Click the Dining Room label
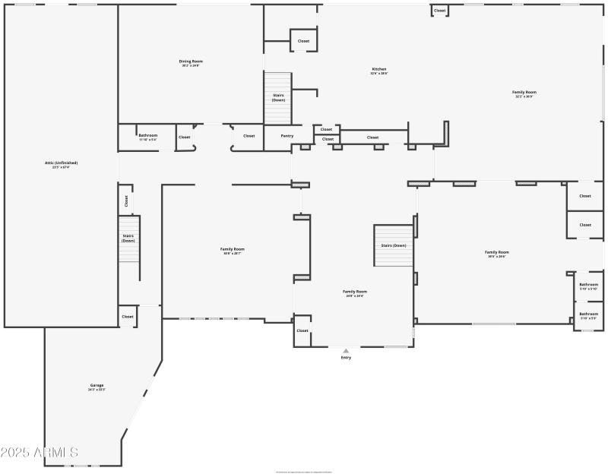pos(191,62)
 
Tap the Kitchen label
pos(379,69)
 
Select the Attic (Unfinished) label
pos(61,163)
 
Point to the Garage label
pos(97,385)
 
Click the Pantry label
pos(287,136)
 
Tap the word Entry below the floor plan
pos(346,357)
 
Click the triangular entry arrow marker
pos(346,350)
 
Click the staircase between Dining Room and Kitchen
pos(278,97)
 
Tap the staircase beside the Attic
pos(128,239)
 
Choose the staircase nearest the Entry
pos(393,245)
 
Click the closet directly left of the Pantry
pos(249,136)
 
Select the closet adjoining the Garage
pos(127,317)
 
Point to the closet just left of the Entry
pos(302,330)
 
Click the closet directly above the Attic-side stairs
pos(126,201)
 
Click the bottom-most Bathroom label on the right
pos(588,314)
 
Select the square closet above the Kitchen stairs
pos(303,41)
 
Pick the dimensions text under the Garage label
pos(97,390)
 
